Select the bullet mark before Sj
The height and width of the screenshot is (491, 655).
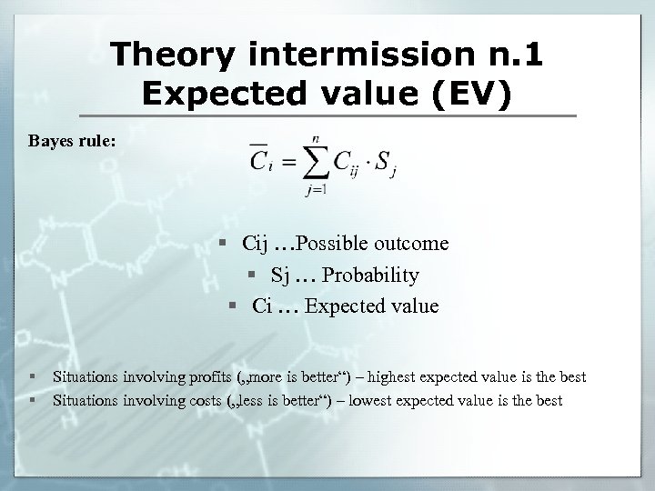(x=249, y=276)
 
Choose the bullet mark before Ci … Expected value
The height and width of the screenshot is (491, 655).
(x=233, y=306)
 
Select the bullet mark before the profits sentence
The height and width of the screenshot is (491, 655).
(x=34, y=376)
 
